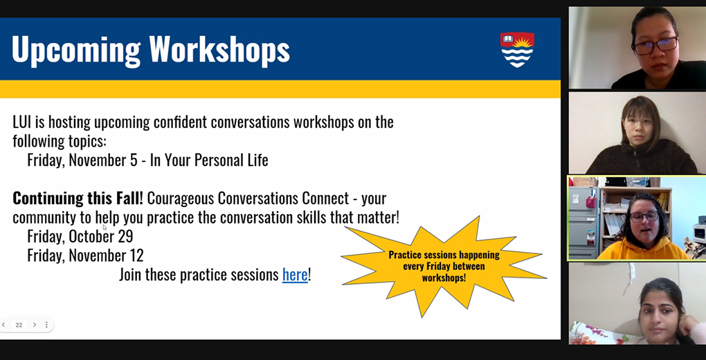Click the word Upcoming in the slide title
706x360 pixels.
(x=76, y=50)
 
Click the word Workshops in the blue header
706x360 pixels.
(x=219, y=49)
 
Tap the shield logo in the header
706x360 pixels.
(x=517, y=50)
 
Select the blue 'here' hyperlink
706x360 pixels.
(x=295, y=274)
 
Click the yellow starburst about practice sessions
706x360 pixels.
(x=444, y=267)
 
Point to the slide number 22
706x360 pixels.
(x=19, y=325)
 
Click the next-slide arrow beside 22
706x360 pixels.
(x=35, y=325)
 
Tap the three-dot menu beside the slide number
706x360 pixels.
(x=46, y=325)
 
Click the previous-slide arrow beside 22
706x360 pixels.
(x=3, y=325)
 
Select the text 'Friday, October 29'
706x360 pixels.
(x=80, y=237)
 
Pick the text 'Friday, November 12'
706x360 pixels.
(x=86, y=256)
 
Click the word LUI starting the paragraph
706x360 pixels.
(x=22, y=122)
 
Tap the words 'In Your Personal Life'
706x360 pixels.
(x=209, y=161)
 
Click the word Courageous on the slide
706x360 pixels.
(x=181, y=198)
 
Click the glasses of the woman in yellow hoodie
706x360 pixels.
(x=644, y=217)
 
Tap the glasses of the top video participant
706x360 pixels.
(x=655, y=46)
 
